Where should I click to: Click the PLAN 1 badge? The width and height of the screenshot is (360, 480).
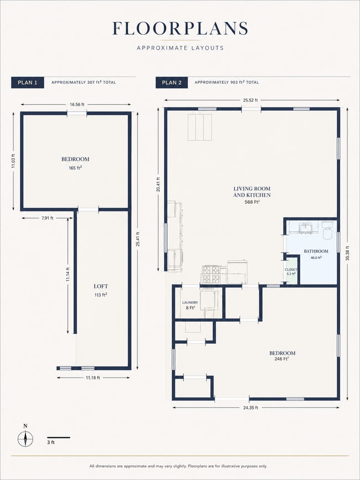click(x=28, y=82)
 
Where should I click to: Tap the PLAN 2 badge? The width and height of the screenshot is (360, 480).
click(x=172, y=82)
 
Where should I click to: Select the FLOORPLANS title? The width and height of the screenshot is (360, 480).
click(x=181, y=28)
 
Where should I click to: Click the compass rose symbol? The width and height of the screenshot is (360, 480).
click(x=25, y=439)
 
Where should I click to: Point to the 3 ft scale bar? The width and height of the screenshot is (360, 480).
click(x=59, y=438)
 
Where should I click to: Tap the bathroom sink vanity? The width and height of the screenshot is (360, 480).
click(x=304, y=228)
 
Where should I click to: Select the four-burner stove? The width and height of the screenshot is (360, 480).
click(x=211, y=274)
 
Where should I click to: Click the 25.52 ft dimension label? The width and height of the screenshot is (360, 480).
click(x=250, y=100)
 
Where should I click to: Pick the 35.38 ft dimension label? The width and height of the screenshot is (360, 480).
click(x=347, y=254)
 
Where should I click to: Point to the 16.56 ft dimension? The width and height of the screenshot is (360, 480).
click(x=76, y=105)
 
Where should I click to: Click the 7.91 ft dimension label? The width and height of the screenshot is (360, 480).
click(x=47, y=218)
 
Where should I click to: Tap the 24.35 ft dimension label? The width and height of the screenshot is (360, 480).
click(x=250, y=407)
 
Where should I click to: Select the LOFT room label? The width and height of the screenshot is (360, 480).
click(x=101, y=287)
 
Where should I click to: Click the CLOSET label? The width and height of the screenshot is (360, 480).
click(x=291, y=270)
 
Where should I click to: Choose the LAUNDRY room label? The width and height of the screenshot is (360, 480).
click(x=190, y=302)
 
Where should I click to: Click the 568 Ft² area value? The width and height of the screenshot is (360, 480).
click(x=252, y=202)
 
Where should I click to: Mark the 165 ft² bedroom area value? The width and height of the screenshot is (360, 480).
click(x=75, y=168)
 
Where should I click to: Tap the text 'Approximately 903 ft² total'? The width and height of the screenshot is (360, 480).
click(x=227, y=82)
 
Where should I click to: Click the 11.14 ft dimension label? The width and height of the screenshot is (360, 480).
click(x=68, y=275)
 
